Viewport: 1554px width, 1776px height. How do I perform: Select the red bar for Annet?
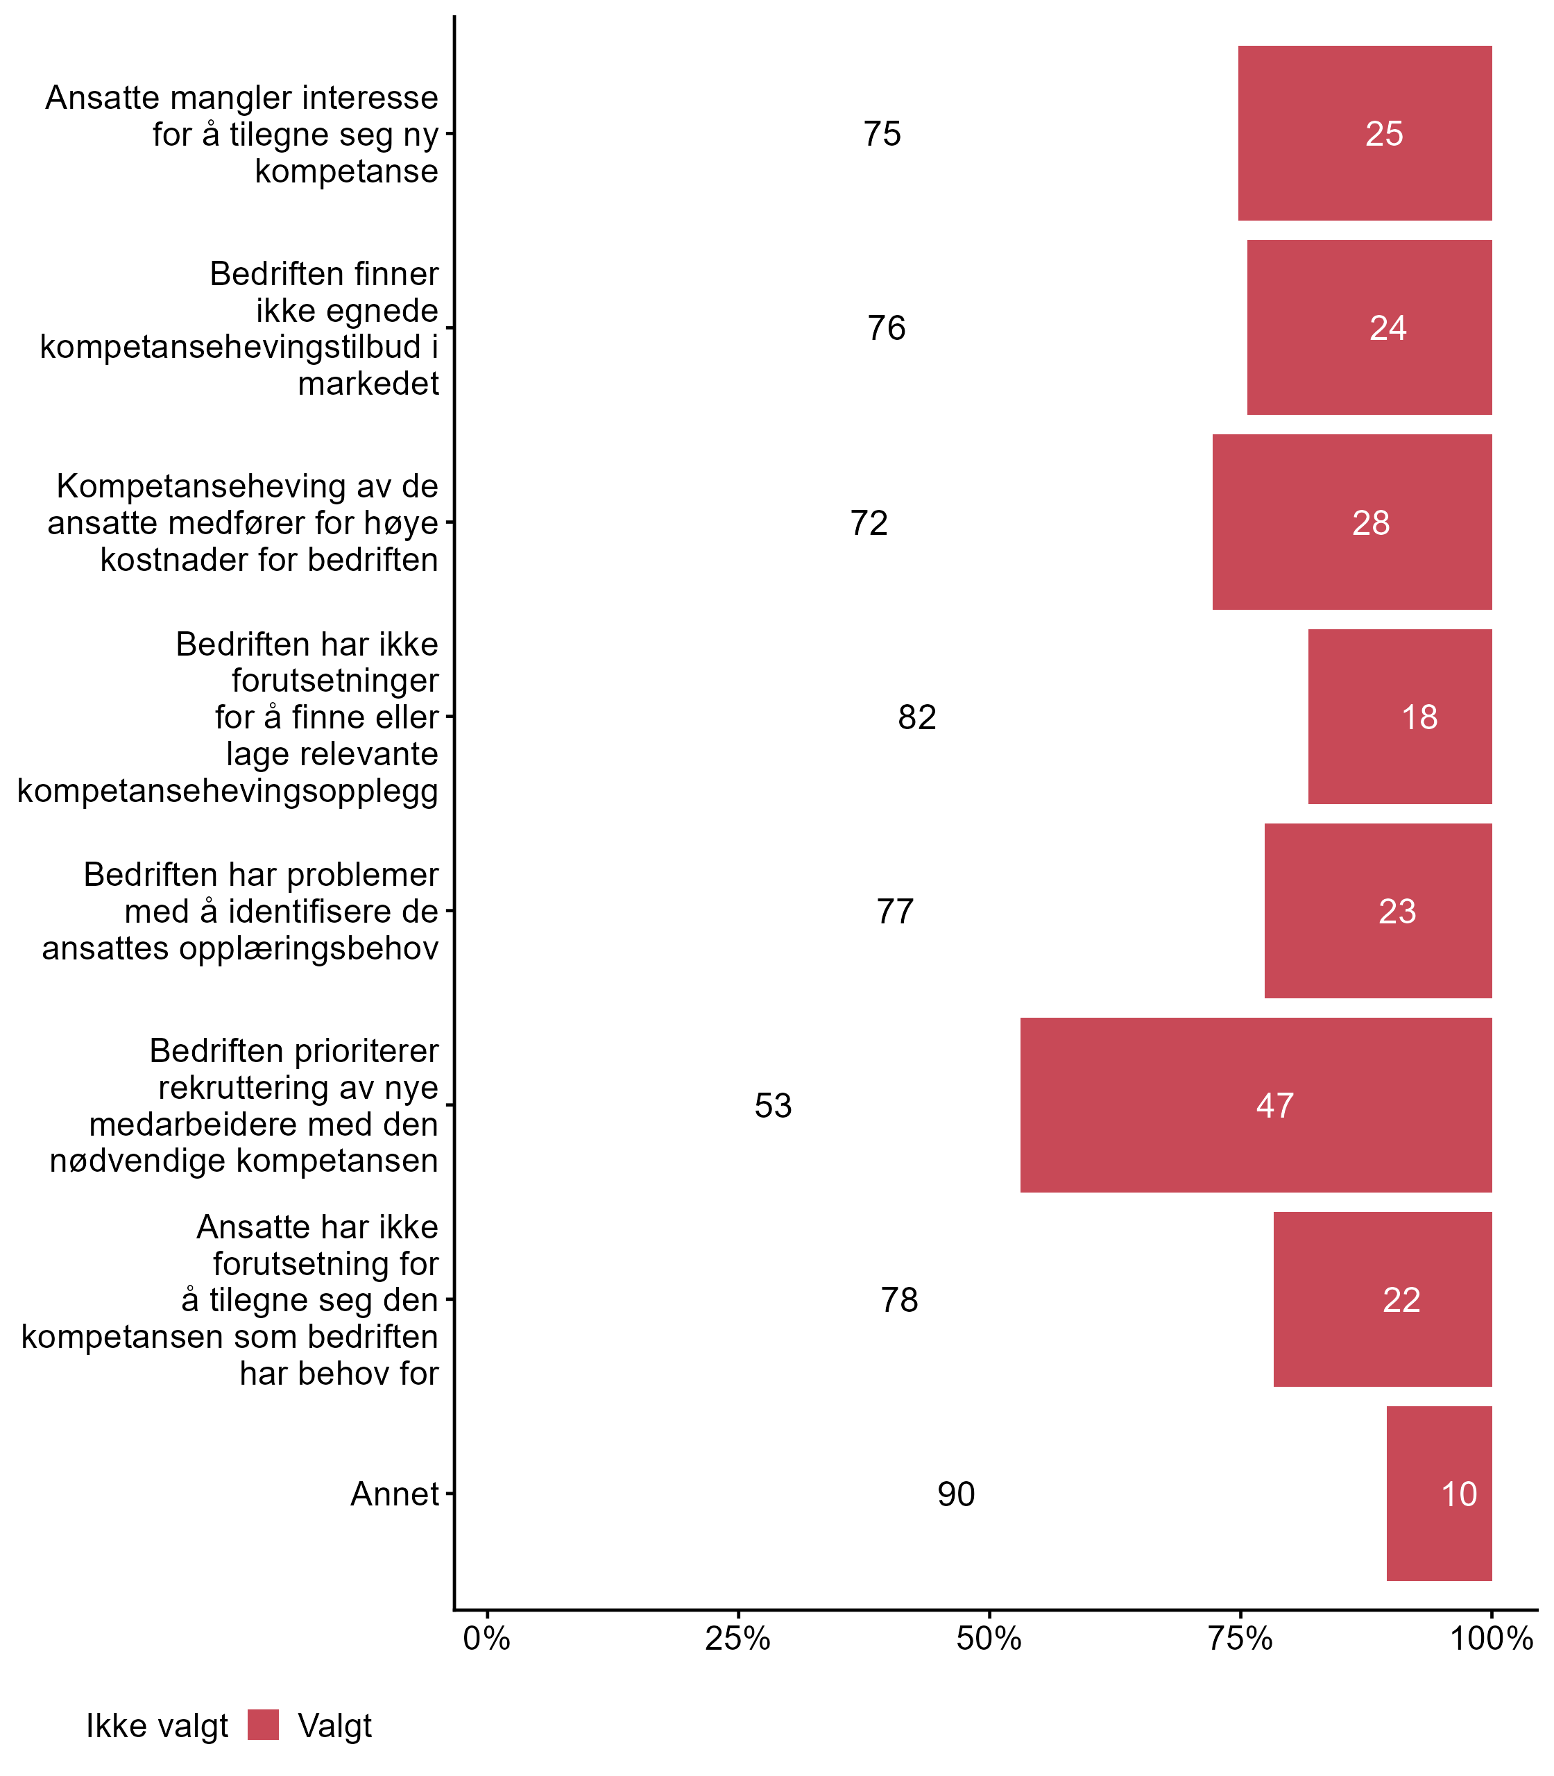click(1439, 1493)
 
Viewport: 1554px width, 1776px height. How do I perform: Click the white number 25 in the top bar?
click(1383, 133)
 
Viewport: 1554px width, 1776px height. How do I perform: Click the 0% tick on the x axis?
click(486, 1639)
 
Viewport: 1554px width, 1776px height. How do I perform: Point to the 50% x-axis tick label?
click(989, 1639)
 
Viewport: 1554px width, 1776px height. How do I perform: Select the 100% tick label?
click(1492, 1639)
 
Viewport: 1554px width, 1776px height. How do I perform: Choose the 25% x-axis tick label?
click(738, 1639)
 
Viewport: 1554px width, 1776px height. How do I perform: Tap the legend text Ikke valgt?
click(157, 1726)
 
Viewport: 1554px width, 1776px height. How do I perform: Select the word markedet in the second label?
click(368, 383)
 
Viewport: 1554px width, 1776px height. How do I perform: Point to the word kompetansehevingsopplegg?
click(228, 791)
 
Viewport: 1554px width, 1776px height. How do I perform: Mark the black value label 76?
click(887, 327)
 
